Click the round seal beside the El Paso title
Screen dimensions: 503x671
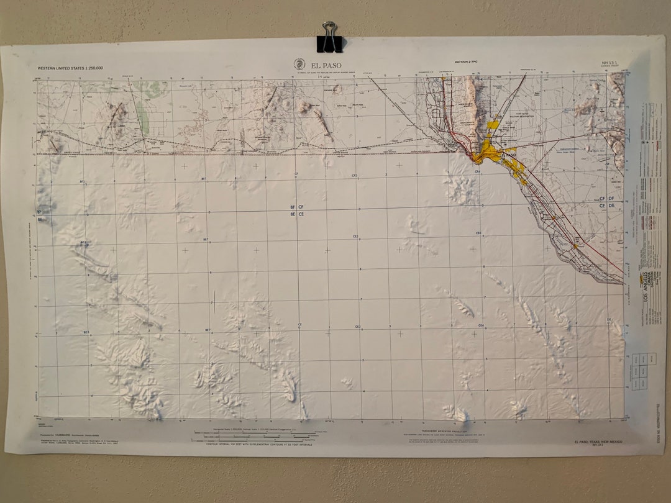[x=299, y=64]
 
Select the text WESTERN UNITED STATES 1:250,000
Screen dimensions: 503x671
[x=70, y=68]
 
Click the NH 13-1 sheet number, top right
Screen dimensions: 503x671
[x=609, y=63]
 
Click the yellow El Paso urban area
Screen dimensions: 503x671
[x=492, y=152]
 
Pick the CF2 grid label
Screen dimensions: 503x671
[x=354, y=176]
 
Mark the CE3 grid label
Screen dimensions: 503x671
[x=357, y=327]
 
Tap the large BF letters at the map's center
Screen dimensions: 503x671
[x=292, y=207]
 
